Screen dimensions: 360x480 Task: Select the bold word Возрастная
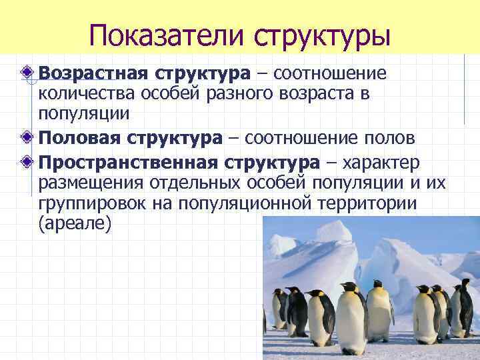(95, 72)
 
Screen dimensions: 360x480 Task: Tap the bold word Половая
(79, 138)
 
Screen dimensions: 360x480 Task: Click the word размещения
(91, 184)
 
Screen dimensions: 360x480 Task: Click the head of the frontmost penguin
(350, 289)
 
